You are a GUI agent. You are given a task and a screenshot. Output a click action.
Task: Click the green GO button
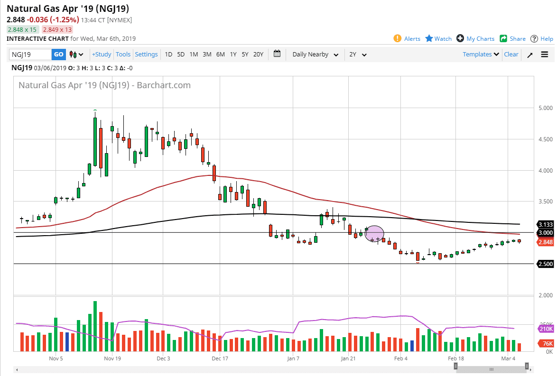coord(58,55)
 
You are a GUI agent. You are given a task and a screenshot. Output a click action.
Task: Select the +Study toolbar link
coord(102,55)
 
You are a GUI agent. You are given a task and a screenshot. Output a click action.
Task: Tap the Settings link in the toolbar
coord(146,55)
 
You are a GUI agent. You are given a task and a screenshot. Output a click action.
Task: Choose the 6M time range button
coord(221,55)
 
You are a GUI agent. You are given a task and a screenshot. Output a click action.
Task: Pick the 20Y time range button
coord(258,55)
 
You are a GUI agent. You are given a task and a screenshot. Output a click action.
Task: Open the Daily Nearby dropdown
coord(315,55)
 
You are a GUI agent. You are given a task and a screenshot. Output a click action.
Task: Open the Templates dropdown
coord(481,55)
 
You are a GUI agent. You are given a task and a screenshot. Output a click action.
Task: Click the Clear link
coord(511,55)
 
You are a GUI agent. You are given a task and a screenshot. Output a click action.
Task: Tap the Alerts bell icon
coord(398,38)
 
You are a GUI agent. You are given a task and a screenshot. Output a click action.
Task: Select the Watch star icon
coord(429,38)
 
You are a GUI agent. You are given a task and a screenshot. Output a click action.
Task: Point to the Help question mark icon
coord(534,38)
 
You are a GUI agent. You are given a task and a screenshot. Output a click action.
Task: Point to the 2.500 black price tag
coord(545,264)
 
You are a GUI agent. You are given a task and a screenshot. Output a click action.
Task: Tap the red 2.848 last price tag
coord(545,242)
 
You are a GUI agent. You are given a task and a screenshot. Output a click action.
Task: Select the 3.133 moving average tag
coord(545,224)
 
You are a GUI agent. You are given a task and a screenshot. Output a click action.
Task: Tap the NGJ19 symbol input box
coord(30,55)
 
